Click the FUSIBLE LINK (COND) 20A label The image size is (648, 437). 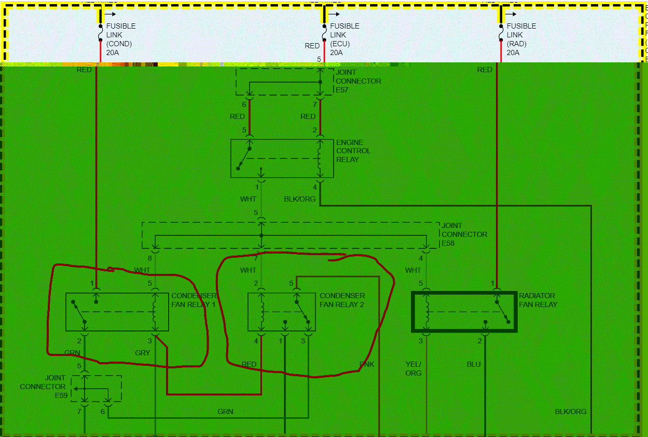pyautogui.click(x=120, y=39)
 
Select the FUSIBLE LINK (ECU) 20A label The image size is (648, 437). pyautogui.click(x=344, y=39)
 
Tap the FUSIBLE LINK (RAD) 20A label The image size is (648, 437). pyautogui.click(x=521, y=39)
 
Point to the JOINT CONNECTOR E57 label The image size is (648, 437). pyautogui.click(x=358, y=81)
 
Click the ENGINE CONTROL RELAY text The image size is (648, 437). pyautogui.click(x=353, y=151)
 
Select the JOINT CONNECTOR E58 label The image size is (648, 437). pyautogui.click(x=464, y=234)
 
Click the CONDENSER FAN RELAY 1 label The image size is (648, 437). pyautogui.click(x=194, y=300)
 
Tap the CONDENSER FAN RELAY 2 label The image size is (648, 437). pyautogui.click(x=342, y=300)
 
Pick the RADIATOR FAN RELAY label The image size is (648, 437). pyautogui.click(x=538, y=300)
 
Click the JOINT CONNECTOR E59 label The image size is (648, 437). pyautogui.click(x=43, y=387)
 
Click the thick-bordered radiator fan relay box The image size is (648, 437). pyautogui.click(x=464, y=312)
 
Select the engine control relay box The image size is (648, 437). pyautogui.click(x=282, y=158)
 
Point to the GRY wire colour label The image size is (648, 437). pyautogui.click(x=142, y=353)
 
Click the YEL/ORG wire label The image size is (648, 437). pyautogui.click(x=413, y=368)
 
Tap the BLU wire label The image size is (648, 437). pyautogui.click(x=474, y=364)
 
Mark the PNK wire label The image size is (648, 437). pyautogui.click(x=367, y=364)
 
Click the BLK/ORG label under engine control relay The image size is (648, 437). pyautogui.click(x=299, y=199)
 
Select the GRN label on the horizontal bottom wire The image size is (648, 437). pyautogui.click(x=225, y=412)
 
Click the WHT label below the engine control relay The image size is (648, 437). pyautogui.click(x=248, y=199)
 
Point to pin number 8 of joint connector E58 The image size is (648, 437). pyautogui.click(x=150, y=258)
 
